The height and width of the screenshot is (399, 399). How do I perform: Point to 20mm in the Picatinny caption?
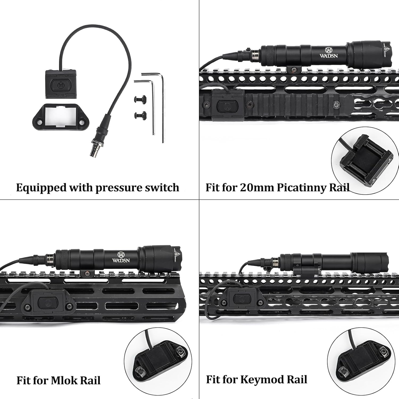click(257, 188)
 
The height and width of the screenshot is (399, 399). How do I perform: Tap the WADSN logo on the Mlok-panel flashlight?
click(121, 257)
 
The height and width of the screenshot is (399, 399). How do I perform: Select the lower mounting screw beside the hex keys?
click(139, 115)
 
